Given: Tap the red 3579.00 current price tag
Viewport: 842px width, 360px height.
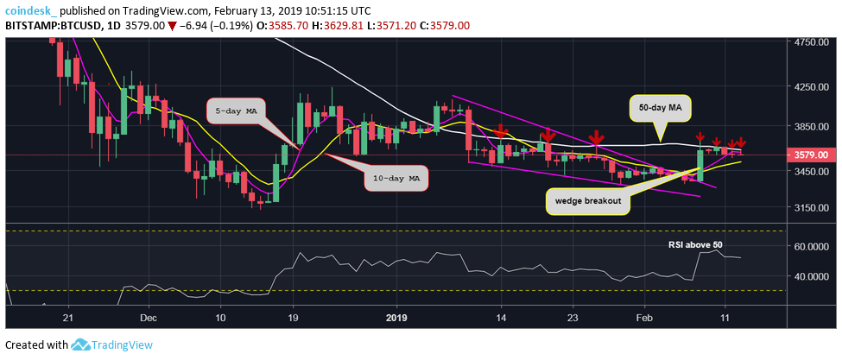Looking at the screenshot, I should (x=813, y=155).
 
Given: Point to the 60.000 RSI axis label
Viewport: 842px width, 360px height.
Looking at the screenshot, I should (x=814, y=247).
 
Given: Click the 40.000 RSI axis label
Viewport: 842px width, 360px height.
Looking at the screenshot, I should (x=814, y=277).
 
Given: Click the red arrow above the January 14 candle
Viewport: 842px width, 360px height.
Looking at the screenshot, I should (x=500, y=131).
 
